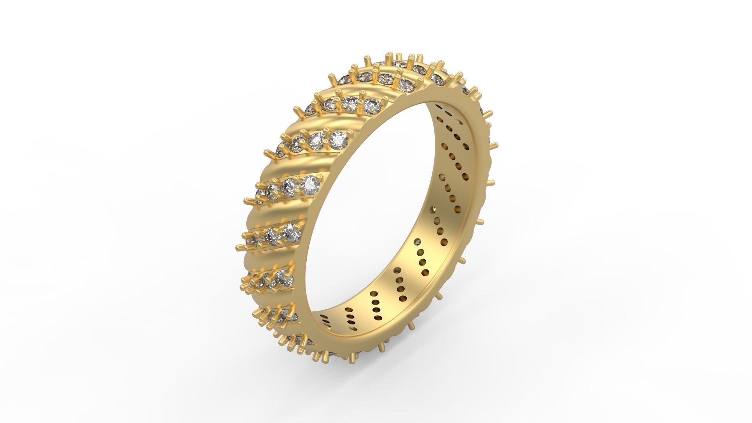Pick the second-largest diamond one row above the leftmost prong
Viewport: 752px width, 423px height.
tap(290, 185)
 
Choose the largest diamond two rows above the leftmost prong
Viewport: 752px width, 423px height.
tap(337, 139)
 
